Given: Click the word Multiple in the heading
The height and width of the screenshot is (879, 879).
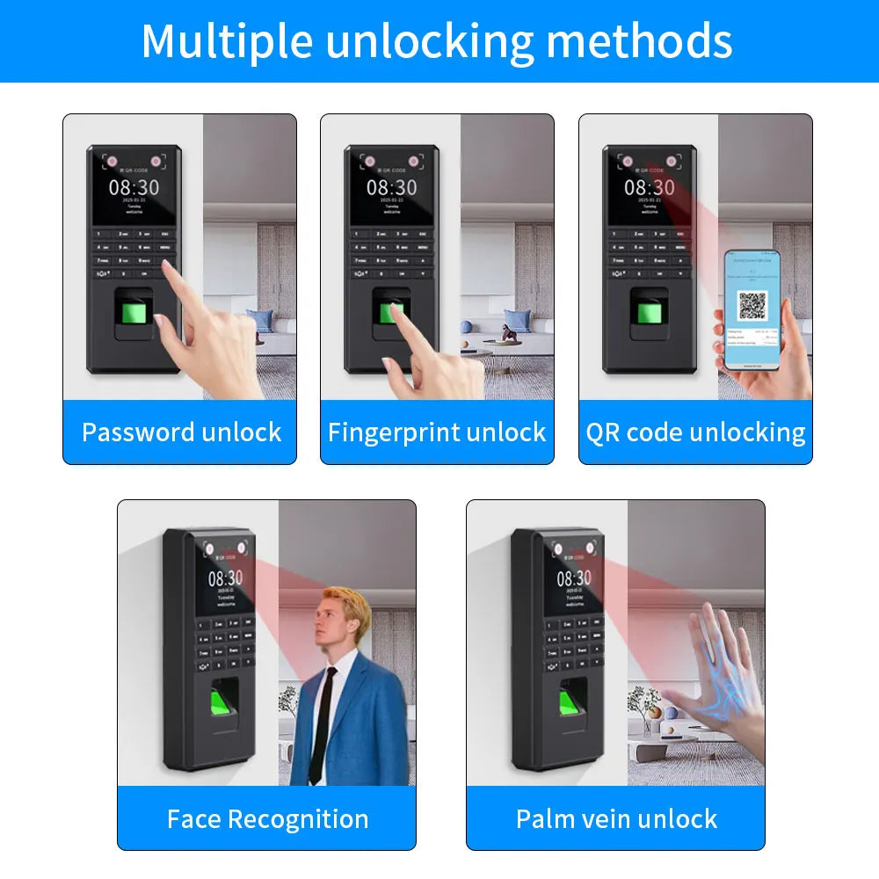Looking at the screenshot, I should coord(226,40).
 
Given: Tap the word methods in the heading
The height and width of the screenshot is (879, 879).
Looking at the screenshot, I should coord(640,40).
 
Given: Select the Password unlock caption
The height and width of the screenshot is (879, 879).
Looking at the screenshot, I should coord(181,432).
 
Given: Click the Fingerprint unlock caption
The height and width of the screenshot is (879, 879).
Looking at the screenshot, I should coord(437,432).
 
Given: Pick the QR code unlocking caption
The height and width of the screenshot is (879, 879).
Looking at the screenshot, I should coord(695,432).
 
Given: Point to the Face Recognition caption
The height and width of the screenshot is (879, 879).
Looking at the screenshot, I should coord(267,819).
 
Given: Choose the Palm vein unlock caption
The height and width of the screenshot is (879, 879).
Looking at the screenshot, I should coord(616,819).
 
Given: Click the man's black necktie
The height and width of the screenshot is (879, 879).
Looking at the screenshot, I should coord(323,721).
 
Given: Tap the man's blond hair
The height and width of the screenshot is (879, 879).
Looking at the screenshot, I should coord(345,606).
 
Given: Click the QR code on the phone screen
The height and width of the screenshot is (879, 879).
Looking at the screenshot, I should coord(752,305).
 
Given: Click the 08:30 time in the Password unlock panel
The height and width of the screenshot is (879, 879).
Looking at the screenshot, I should coord(134,187).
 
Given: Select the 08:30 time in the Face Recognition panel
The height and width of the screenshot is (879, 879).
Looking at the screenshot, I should coord(225,578).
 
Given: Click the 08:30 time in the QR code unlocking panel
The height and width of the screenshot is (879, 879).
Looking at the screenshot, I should coord(650,187).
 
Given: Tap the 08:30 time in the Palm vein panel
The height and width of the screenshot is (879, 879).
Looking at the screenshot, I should coord(573,578).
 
